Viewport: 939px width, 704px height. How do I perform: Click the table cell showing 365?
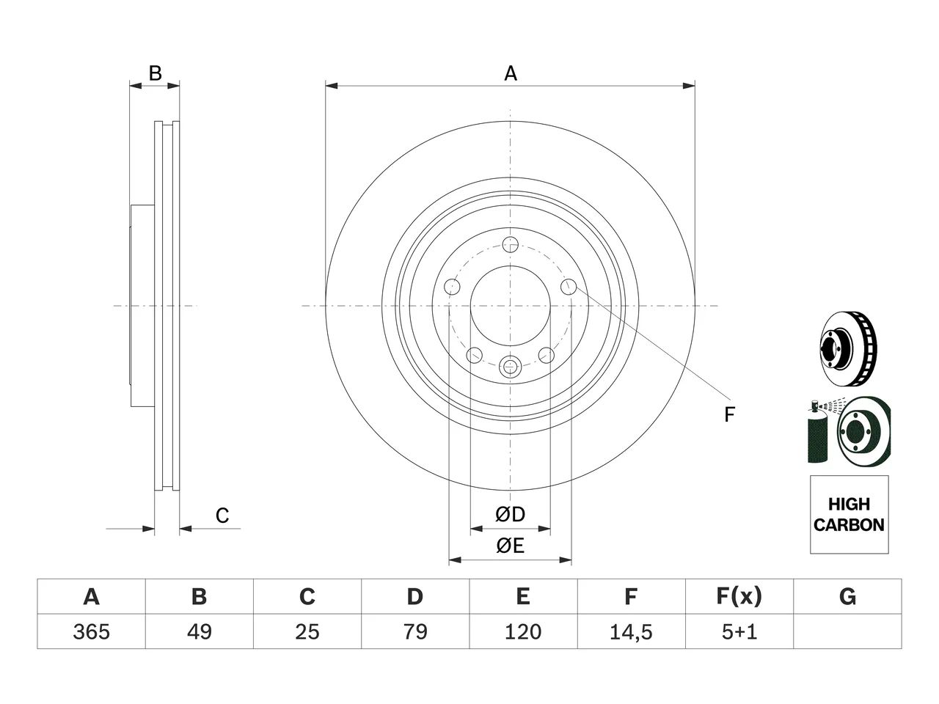click(x=91, y=631)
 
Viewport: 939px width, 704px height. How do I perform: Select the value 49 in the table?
click(x=200, y=631)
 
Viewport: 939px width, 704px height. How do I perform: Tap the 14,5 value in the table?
click(x=631, y=631)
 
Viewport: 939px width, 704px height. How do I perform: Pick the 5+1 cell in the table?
click(x=739, y=631)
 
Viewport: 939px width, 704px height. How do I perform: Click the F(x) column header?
click(x=739, y=596)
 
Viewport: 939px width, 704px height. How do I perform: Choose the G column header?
click(x=847, y=596)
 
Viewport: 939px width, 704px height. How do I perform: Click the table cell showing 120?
click(x=523, y=631)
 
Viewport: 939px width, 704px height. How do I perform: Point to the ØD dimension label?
click(x=511, y=514)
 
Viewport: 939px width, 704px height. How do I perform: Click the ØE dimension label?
click(x=511, y=546)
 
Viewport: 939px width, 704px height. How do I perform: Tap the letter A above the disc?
click(x=511, y=73)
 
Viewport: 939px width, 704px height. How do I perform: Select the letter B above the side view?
click(x=155, y=73)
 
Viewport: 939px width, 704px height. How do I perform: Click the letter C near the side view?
click(x=222, y=516)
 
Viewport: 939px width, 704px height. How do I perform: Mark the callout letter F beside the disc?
click(x=729, y=414)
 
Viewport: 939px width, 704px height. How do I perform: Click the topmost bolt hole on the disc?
click(x=511, y=245)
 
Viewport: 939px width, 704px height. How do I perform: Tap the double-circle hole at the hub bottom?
click(x=510, y=367)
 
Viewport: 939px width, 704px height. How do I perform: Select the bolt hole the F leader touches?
click(x=569, y=287)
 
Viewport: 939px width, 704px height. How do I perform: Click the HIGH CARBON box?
click(x=850, y=515)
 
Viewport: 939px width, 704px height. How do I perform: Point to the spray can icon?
click(x=817, y=432)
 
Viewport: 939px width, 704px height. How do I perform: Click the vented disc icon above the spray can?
click(x=848, y=348)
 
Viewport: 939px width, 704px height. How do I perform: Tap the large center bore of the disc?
click(x=511, y=306)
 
